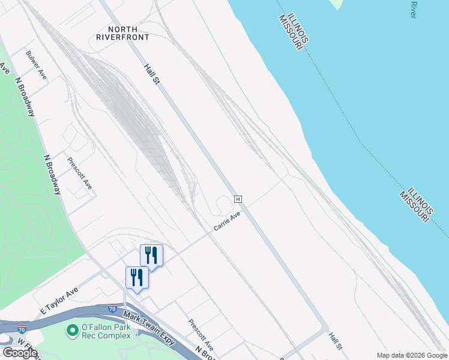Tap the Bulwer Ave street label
click(37, 65)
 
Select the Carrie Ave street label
click(228, 221)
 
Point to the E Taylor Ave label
click(59, 301)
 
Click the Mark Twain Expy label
click(149, 327)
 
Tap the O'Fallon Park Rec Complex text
click(106, 331)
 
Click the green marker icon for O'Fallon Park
click(73, 331)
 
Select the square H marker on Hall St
click(238, 199)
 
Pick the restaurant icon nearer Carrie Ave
click(151, 255)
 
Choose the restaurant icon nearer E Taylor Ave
click(137, 277)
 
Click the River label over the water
click(413, 9)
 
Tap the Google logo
click(20, 353)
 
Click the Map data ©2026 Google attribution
click(411, 355)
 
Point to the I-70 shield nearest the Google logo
click(22, 329)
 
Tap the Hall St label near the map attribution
click(335, 343)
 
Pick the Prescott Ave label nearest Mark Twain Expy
click(200, 334)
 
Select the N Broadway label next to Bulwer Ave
click(26, 96)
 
